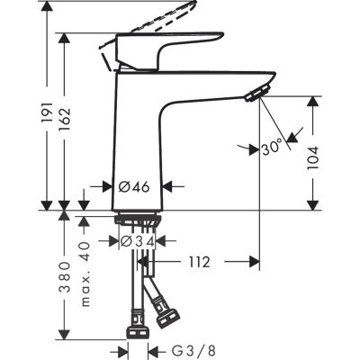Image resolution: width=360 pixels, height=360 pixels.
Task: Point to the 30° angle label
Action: (x=272, y=144)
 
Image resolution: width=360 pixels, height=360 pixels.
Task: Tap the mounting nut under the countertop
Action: (x=139, y=220)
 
